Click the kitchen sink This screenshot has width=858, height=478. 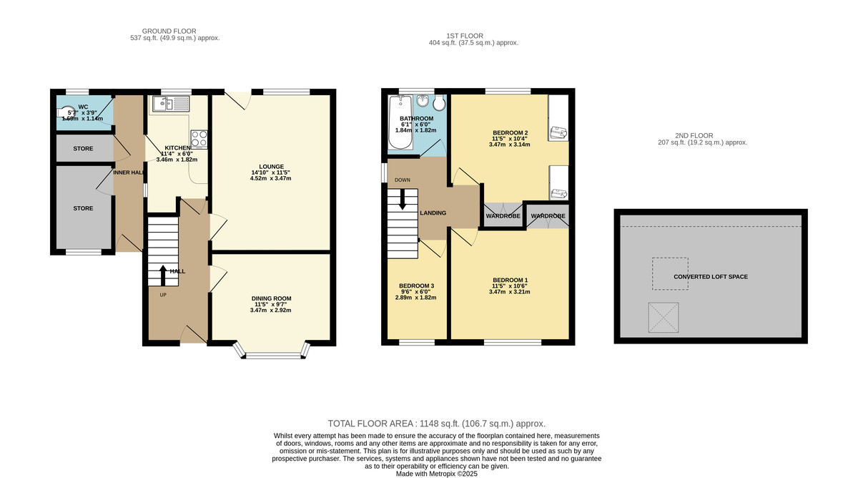171,104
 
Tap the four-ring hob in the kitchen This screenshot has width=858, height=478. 199,139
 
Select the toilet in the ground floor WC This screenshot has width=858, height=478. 66,112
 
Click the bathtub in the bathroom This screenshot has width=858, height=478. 400,122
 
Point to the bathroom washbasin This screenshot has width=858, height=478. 423,101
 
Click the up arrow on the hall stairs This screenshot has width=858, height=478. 163,275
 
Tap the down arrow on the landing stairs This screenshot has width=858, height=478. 402,200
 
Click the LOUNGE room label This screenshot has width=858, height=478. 271,167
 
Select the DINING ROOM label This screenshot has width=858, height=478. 271,298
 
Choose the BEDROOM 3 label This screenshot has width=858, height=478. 416,286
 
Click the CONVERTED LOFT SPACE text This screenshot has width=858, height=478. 711,277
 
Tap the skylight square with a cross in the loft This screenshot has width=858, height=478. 664,318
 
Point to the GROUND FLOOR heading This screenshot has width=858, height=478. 169,31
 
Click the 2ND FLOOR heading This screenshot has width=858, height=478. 694,136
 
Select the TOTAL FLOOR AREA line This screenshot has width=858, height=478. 437,424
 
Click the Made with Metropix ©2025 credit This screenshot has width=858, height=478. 437,474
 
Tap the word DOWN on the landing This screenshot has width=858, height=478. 402,180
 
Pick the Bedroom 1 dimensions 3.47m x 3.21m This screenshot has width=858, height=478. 509,292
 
